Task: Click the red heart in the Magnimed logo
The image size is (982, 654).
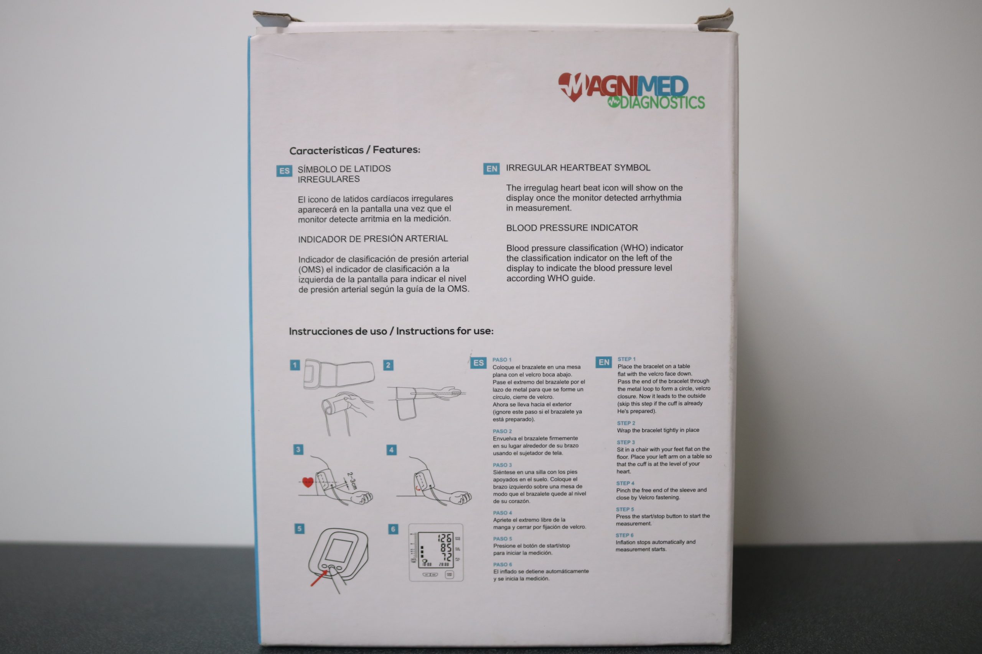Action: click(x=571, y=87)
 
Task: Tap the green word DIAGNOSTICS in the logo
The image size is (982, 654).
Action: click(x=662, y=102)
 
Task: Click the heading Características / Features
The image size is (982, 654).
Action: click(x=354, y=150)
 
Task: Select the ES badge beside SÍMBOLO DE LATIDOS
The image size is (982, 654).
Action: click(x=284, y=170)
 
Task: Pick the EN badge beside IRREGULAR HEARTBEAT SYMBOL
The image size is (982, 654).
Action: click(x=491, y=169)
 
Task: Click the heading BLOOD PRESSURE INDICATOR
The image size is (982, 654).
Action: click(x=572, y=228)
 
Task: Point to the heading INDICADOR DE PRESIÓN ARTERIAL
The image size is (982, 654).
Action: click(x=373, y=239)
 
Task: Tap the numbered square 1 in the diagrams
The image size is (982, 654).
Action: click(x=295, y=366)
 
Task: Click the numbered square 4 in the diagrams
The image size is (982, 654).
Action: click(x=391, y=450)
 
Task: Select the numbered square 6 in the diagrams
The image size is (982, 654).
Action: click(x=393, y=529)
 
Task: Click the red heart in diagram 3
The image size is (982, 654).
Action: click(x=308, y=482)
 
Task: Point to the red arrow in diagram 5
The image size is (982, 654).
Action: click(x=320, y=578)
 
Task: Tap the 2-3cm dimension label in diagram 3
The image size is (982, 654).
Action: click(x=353, y=480)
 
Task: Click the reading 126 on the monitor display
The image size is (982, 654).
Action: click(x=444, y=538)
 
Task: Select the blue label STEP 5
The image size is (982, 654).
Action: click(x=624, y=509)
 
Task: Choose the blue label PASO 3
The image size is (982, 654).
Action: click(x=502, y=465)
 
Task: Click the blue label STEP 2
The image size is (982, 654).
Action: click(x=626, y=423)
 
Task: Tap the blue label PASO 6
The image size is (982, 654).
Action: click(x=503, y=564)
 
